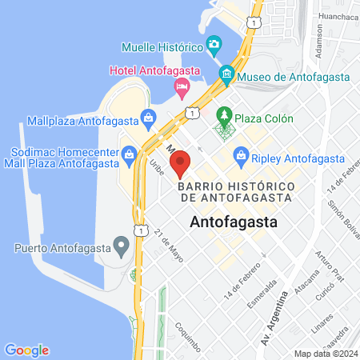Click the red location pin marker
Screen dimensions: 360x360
[181, 162]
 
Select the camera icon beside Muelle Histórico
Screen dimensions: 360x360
[213, 43]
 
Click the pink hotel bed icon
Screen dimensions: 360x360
[182, 85]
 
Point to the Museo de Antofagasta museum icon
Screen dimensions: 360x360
[227, 76]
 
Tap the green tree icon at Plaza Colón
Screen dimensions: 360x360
[225, 117]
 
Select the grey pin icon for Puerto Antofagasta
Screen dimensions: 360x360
[122, 244]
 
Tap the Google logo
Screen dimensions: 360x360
[26, 350]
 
